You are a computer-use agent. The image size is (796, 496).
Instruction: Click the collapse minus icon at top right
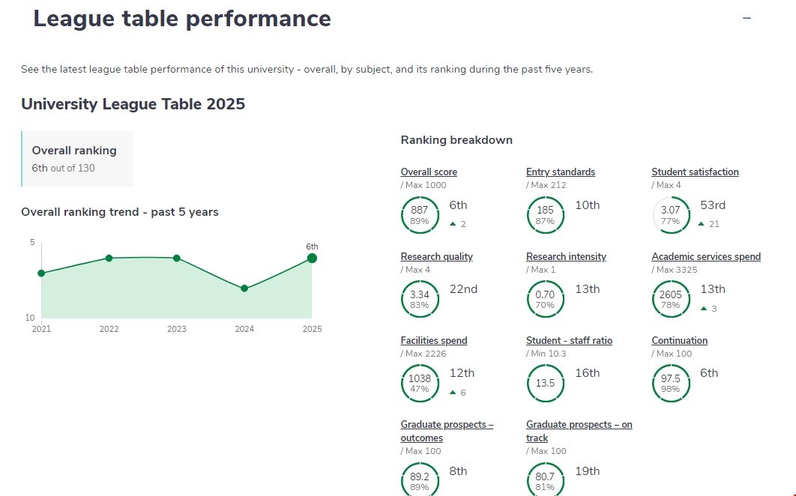click(747, 19)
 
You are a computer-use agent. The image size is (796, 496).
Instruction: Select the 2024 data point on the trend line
click(244, 288)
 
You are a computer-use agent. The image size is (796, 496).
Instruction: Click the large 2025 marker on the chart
click(312, 258)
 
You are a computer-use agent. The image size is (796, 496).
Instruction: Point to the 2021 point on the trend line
click(41, 273)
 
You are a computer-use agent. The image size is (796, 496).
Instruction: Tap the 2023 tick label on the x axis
click(176, 329)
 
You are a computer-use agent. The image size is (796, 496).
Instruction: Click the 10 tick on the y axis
click(31, 318)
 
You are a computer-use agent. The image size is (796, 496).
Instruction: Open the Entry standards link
click(560, 172)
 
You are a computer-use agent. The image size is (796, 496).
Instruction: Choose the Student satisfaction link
click(695, 172)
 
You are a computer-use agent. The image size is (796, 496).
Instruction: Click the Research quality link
click(436, 257)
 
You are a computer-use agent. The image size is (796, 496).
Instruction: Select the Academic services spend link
click(705, 257)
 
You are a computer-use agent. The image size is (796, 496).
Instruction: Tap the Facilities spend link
click(433, 341)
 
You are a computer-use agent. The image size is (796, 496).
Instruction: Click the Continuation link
click(679, 341)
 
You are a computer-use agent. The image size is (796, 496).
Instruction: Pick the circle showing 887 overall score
click(420, 216)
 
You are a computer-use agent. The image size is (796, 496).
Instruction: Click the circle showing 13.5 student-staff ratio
click(545, 384)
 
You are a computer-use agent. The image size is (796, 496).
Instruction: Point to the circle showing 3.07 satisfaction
click(670, 216)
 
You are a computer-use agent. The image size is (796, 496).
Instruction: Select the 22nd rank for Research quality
click(463, 289)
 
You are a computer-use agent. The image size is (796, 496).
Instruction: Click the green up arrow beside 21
click(701, 224)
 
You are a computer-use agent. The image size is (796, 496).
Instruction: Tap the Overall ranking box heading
click(74, 151)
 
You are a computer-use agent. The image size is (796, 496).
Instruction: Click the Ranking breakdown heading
click(456, 140)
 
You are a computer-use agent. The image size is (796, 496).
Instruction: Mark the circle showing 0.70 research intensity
click(545, 300)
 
